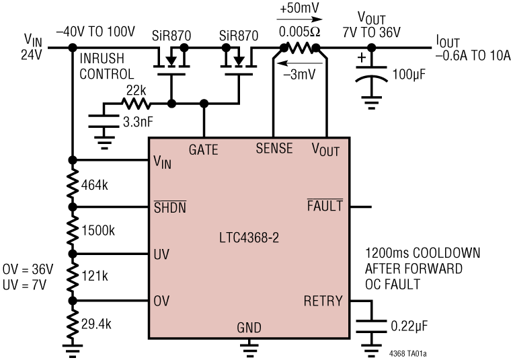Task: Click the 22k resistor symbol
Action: coord(136,104)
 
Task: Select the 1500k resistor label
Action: coord(97,231)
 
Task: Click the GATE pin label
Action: coord(204,149)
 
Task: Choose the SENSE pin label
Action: coord(274,149)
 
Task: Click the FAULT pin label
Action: coord(325,207)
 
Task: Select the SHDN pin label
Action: coord(169,207)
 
